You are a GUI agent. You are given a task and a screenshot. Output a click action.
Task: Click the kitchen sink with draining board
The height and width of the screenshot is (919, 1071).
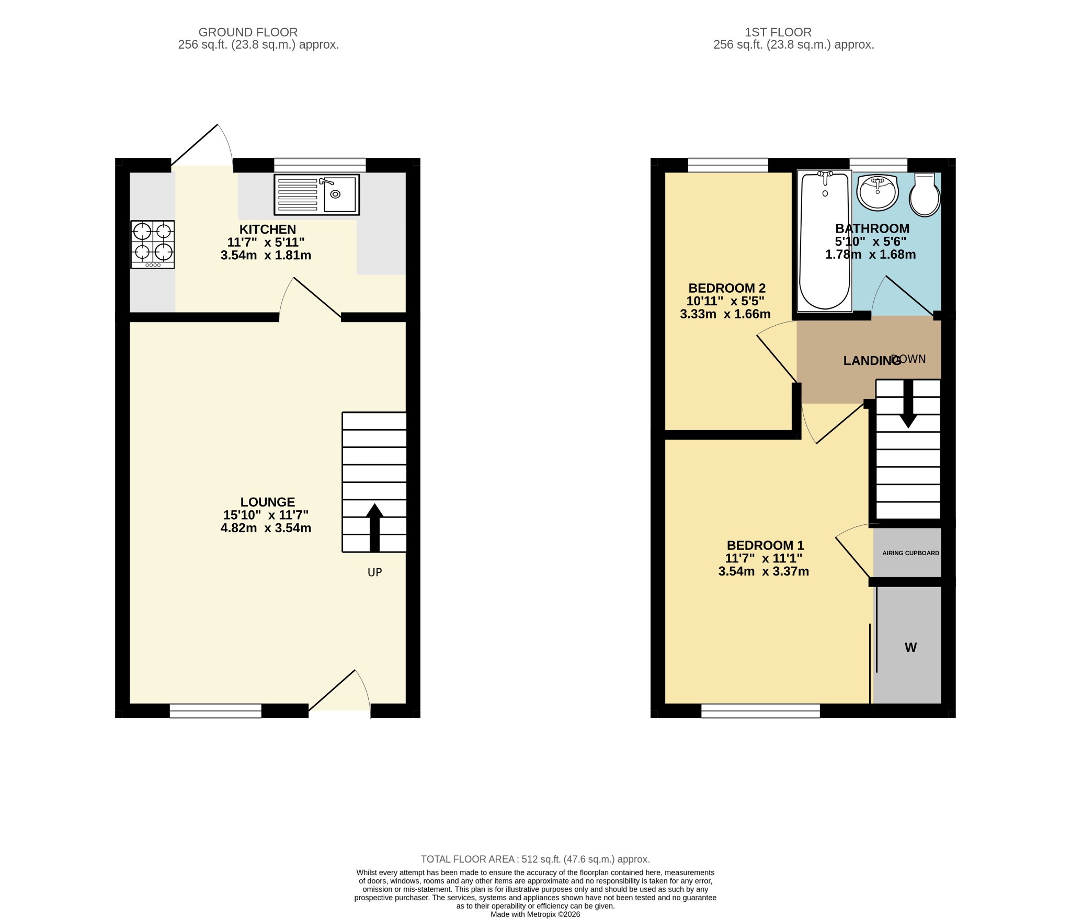click(317, 195)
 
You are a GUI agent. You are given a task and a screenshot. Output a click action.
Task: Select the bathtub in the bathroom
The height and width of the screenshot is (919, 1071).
click(824, 240)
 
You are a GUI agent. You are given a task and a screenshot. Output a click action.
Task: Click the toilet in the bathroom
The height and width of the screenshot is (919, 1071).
click(925, 195)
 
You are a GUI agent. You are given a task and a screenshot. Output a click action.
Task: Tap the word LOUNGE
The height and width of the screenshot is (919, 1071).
click(268, 502)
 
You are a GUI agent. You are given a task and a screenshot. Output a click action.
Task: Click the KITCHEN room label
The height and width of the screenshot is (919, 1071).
click(268, 229)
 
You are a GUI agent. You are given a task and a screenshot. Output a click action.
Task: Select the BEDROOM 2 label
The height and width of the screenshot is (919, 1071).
click(727, 288)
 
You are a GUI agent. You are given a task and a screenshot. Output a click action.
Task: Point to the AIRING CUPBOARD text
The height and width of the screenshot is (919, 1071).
click(910, 553)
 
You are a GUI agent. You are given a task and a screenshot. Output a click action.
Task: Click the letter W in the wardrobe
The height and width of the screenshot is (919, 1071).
click(910, 648)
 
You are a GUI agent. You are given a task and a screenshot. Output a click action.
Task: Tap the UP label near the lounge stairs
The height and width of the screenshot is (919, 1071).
click(374, 572)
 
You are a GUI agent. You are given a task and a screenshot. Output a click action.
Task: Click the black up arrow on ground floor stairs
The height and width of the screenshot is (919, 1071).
click(374, 527)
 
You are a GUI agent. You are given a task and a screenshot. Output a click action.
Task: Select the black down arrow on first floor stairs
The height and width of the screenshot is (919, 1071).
click(908, 404)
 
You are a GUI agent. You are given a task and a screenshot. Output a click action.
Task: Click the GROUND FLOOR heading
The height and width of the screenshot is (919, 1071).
click(248, 32)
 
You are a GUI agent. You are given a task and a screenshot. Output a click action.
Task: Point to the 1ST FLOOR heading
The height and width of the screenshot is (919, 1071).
click(778, 32)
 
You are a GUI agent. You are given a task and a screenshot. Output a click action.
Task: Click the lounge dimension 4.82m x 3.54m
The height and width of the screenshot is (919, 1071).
click(266, 528)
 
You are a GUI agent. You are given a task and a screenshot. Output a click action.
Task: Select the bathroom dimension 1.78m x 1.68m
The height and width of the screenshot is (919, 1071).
click(870, 255)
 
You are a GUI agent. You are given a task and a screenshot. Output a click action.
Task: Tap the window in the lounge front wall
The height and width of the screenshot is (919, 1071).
click(215, 710)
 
